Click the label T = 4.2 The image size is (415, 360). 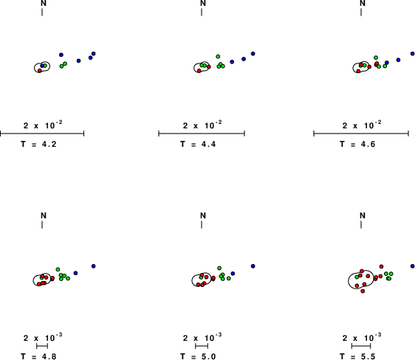(x=38, y=144)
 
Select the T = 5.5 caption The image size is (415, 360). (x=357, y=356)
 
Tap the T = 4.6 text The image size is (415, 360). (x=357, y=144)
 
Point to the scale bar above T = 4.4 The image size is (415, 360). (x=202, y=134)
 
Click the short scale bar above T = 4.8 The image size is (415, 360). (x=42, y=346)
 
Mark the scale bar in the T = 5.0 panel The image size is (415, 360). (x=202, y=346)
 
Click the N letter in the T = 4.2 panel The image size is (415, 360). (x=44, y=3)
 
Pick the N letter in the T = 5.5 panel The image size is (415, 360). (x=363, y=215)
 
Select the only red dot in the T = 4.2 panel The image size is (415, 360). (x=40, y=71)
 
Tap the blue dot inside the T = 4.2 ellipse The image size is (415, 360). (x=42, y=66)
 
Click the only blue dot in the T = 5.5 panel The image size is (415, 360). (x=413, y=266)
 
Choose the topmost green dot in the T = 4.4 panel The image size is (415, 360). (x=218, y=56)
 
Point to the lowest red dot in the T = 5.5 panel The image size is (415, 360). (x=363, y=291)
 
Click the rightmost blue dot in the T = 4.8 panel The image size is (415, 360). (x=94, y=266)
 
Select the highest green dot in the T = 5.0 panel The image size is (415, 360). (x=219, y=268)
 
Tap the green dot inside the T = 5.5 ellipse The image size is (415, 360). (x=357, y=277)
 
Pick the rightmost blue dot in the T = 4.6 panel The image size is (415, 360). (x=413, y=54)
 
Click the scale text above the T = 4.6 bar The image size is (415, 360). (x=362, y=125)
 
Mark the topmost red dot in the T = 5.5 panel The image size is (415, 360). (x=381, y=266)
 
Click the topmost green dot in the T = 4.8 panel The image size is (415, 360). (x=58, y=269)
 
